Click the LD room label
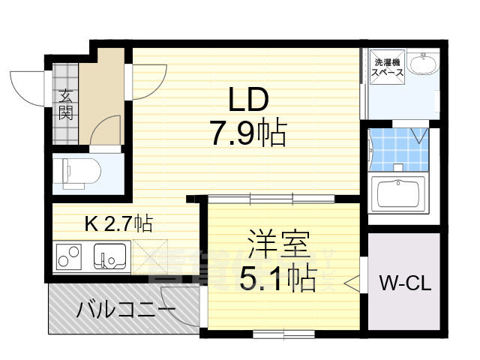(248, 99)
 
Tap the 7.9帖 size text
(248, 134)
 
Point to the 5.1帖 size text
(277, 280)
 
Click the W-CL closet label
(403, 284)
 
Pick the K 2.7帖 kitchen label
(118, 223)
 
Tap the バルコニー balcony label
(126, 309)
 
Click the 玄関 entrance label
(66, 105)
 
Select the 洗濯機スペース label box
(388, 67)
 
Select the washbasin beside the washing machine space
(425, 66)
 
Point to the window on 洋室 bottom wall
(282, 332)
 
